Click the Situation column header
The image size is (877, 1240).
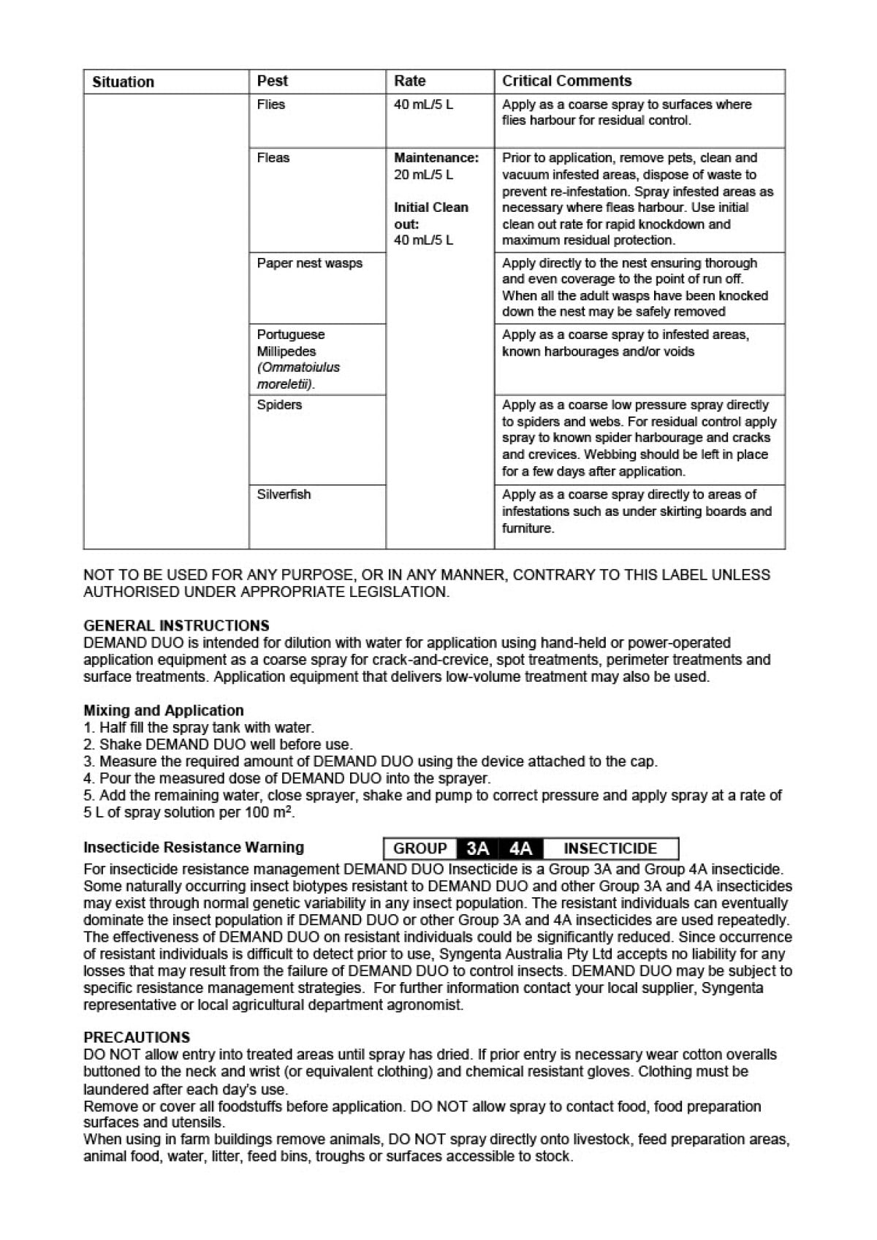[x=123, y=82]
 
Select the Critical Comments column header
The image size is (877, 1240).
[x=566, y=81]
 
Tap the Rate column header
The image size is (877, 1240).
[x=409, y=81]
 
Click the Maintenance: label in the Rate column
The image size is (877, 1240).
[x=436, y=158]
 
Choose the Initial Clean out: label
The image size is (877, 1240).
[x=430, y=216]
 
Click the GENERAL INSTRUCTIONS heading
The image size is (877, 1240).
[x=176, y=625]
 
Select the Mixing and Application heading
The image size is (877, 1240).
[x=164, y=710]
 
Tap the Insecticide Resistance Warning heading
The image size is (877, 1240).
[x=194, y=848]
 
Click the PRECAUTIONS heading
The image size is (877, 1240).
[x=137, y=1038]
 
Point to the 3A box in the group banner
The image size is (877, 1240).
[x=477, y=849]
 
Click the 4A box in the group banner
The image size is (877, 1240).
[x=520, y=849]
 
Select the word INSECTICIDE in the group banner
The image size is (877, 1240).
[x=610, y=849]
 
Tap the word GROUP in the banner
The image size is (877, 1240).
[x=420, y=849]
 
